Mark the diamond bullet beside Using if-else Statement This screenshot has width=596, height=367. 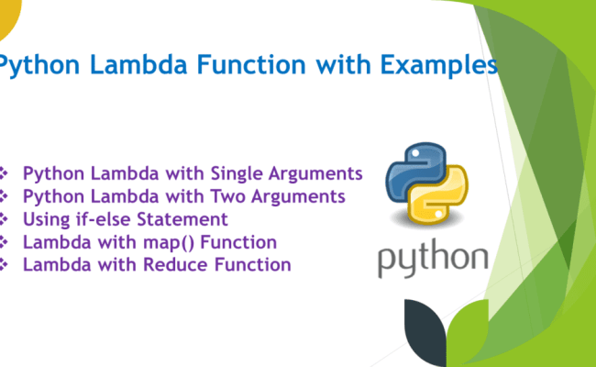pyautogui.click(x=5, y=219)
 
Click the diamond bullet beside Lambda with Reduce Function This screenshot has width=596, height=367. pyautogui.click(x=5, y=265)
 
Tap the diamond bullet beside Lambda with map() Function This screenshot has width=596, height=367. pyautogui.click(x=5, y=242)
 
